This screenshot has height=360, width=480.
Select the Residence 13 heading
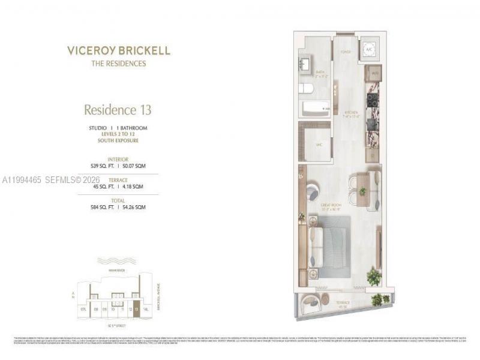pyautogui.click(x=118, y=110)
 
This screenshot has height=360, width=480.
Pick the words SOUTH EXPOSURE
pyautogui.click(x=118, y=140)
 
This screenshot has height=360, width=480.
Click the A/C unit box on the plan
pyautogui.click(x=368, y=50)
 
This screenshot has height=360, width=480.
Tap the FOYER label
pyautogui.click(x=346, y=52)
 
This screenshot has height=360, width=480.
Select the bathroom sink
pyautogui.click(x=304, y=64)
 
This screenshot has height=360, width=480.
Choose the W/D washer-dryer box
pyautogui.click(x=373, y=74)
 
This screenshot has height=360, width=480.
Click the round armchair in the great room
pyautogui.click(x=314, y=192)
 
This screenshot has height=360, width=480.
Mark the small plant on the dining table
pyautogui.click(x=362, y=191)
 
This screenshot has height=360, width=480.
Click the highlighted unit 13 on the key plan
pyautogui.click(x=137, y=310)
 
